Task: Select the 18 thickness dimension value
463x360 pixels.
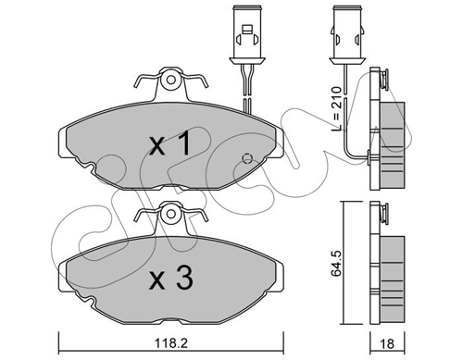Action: [x=386, y=343]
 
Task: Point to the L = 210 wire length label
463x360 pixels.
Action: [x=336, y=108]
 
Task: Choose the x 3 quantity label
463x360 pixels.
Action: [x=170, y=279]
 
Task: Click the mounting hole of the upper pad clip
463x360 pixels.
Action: [x=170, y=80]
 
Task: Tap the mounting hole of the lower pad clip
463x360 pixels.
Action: [x=170, y=214]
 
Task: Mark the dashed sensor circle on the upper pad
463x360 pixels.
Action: [x=247, y=158]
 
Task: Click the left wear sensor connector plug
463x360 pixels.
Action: [x=247, y=34]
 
